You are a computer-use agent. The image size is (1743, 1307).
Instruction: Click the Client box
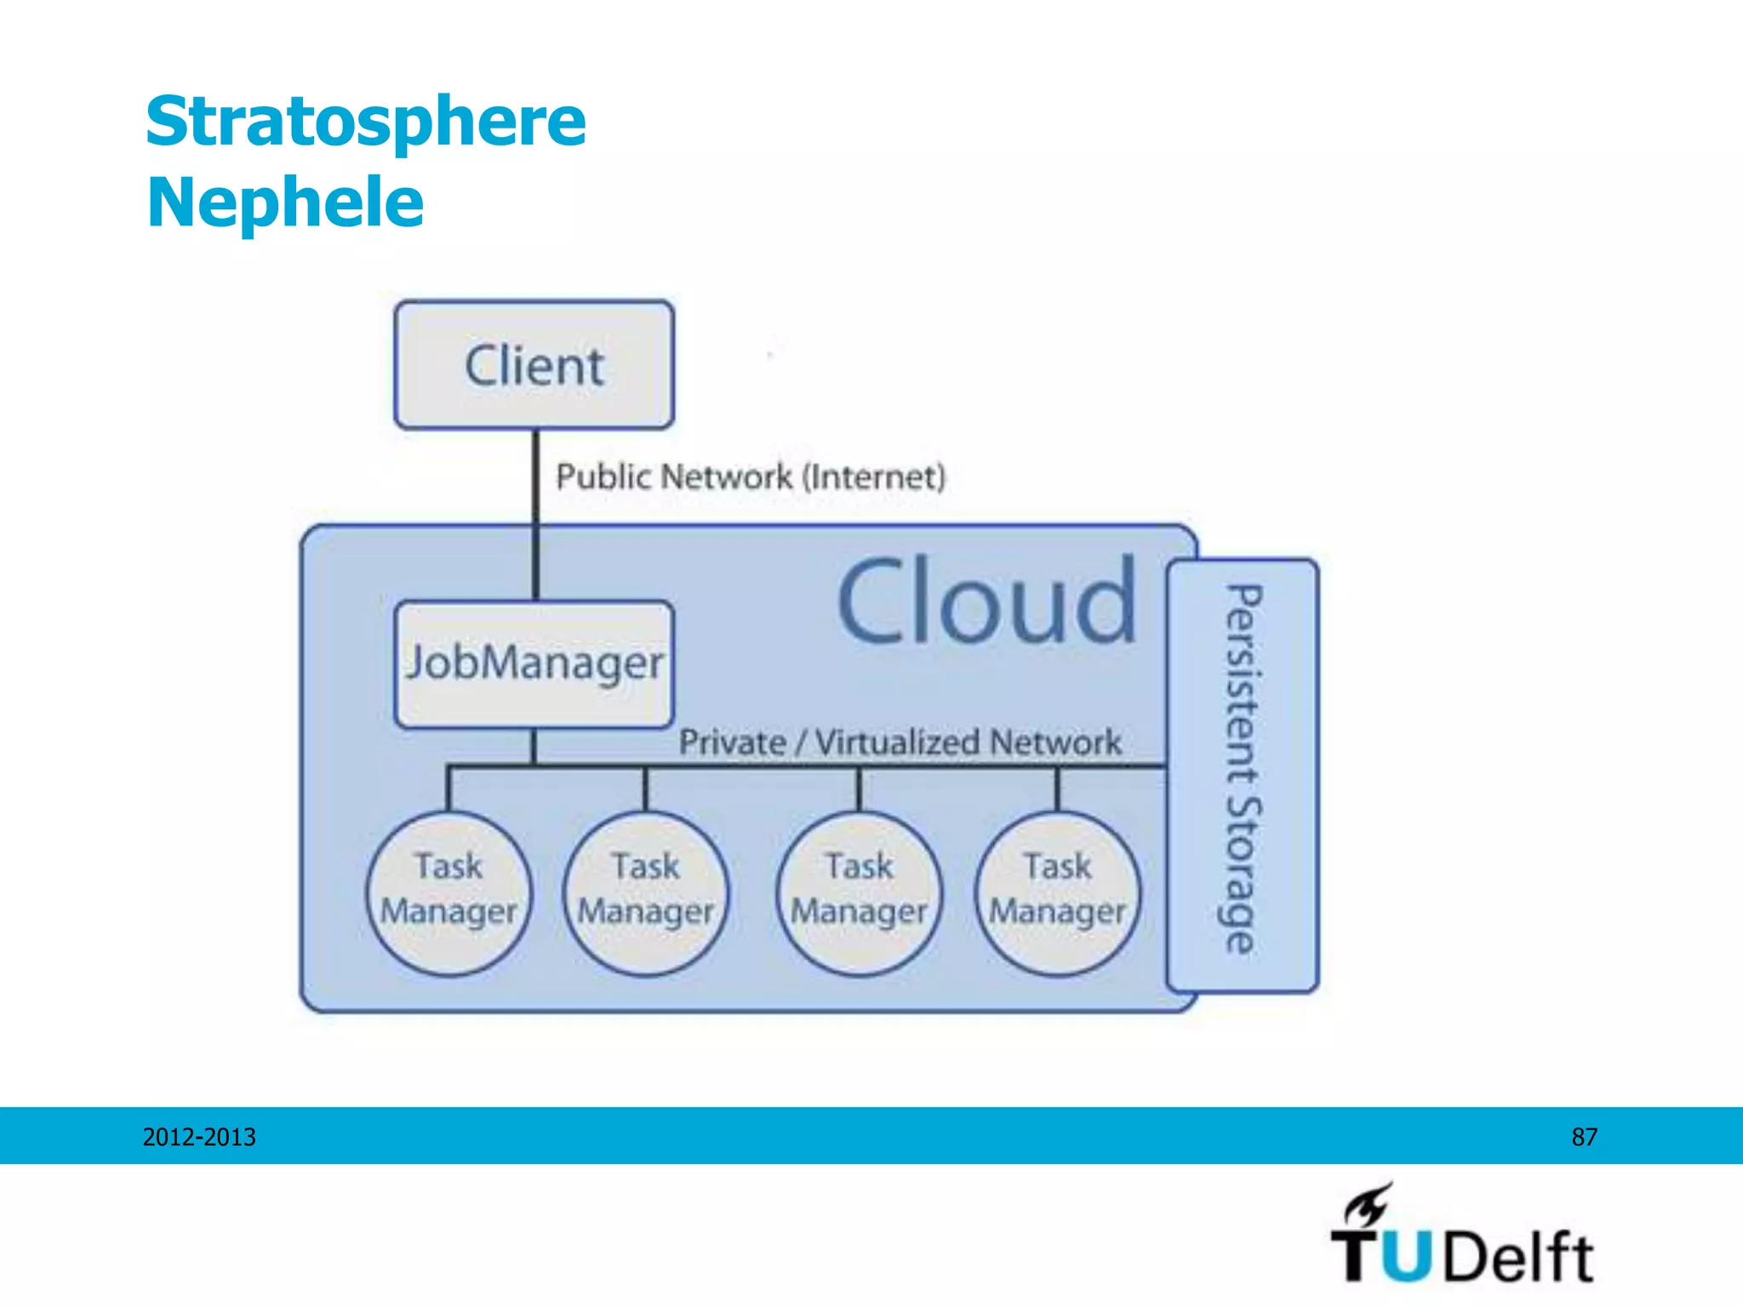click(x=534, y=365)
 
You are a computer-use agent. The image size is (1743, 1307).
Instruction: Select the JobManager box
click(x=534, y=665)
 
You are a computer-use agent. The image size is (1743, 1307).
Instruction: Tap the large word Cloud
click(x=987, y=602)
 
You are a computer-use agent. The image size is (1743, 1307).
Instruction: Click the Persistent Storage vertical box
click(x=1243, y=774)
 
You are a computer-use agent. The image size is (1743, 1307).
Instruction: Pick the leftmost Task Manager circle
click(x=449, y=892)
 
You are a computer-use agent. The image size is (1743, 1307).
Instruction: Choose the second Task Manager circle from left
click(x=646, y=892)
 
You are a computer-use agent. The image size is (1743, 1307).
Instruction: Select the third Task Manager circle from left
click(x=860, y=892)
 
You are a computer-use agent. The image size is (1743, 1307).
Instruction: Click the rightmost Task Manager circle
click(x=1058, y=892)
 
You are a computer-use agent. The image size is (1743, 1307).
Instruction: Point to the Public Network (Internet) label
click(x=751, y=477)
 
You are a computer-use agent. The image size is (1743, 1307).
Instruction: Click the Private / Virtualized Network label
click(x=900, y=743)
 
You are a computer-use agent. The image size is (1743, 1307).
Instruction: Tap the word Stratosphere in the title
click(x=366, y=122)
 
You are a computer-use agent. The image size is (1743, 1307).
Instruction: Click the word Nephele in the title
click(x=285, y=203)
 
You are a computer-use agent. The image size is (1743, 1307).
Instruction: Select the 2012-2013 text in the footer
click(x=199, y=1137)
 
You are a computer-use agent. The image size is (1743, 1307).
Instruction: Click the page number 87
click(x=1584, y=1137)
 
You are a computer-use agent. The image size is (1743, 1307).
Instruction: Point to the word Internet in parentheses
click(x=874, y=477)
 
